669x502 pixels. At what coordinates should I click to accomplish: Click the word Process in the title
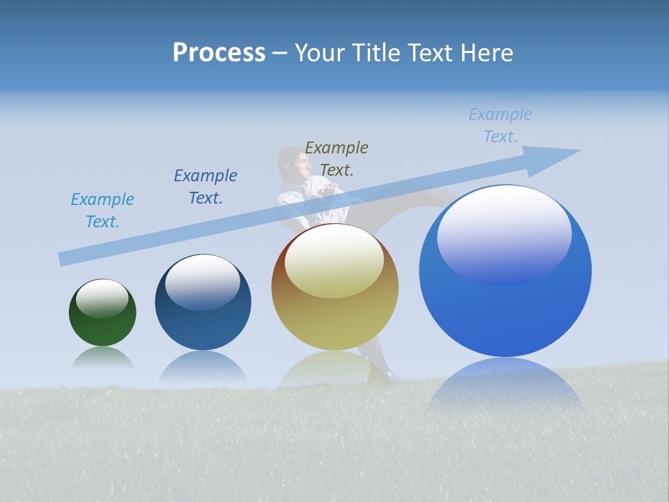219,53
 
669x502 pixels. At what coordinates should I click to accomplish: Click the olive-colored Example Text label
337,159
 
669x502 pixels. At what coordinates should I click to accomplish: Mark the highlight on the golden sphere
334,261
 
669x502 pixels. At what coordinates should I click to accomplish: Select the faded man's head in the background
293,163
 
